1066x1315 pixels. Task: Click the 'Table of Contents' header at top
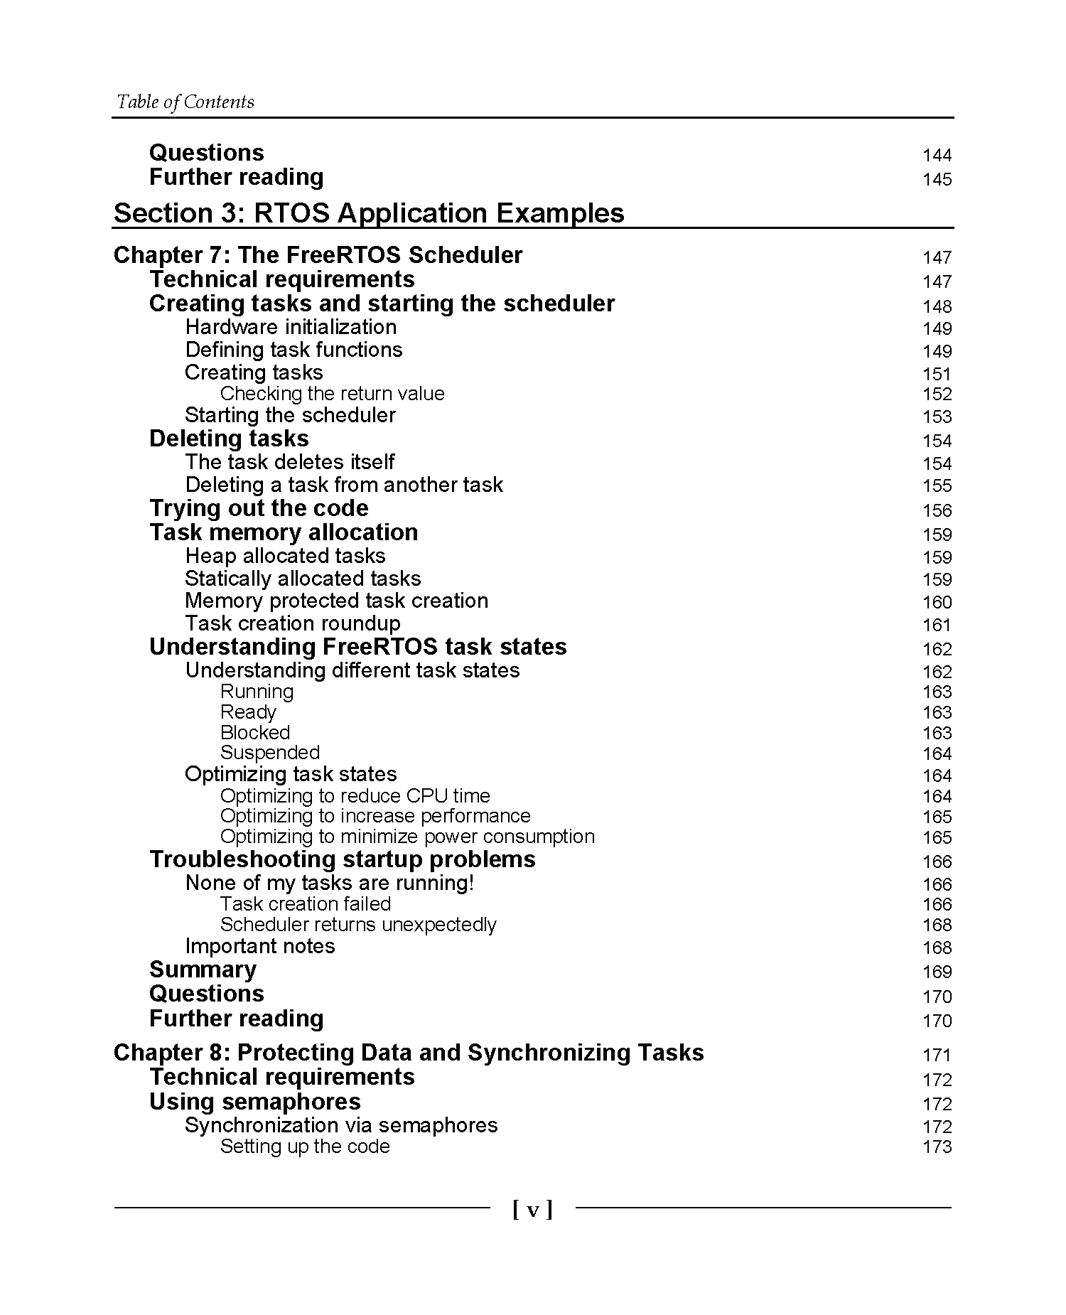coord(185,102)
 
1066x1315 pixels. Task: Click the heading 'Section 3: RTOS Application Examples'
coord(369,213)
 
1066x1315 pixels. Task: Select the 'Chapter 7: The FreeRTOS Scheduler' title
coord(318,255)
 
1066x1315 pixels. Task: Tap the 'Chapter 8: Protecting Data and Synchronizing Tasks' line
coord(409,1053)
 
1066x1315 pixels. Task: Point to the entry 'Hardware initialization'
coord(291,328)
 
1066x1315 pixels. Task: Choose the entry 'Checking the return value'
coord(332,394)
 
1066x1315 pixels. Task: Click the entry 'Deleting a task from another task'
coord(344,485)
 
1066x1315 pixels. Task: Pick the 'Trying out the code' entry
coord(259,508)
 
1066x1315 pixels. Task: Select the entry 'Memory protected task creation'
coord(336,601)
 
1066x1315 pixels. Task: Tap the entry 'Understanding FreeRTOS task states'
coord(357,647)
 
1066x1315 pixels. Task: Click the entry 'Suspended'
coord(270,753)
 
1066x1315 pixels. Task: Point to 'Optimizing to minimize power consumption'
coord(407,837)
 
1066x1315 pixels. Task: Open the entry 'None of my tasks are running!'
coord(330,883)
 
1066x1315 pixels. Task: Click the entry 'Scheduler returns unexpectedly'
coord(358,925)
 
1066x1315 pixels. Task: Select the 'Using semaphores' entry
coord(254,1102)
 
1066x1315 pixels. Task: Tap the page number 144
coord(937,156)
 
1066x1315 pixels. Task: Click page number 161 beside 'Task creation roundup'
coord(937,626)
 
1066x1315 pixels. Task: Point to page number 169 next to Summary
coord(937,972)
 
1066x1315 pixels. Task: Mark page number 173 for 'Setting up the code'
coord(937,1147)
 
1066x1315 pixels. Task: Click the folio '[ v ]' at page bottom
coord(532,1210)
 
